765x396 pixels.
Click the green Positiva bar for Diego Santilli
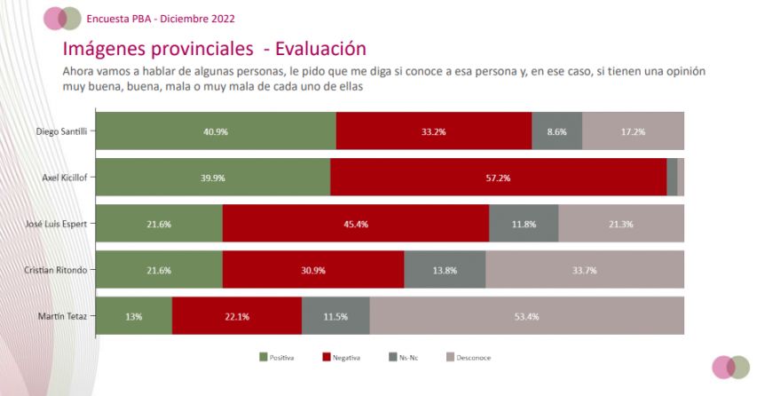(216, 131)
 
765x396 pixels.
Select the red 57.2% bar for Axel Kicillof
(499, 178)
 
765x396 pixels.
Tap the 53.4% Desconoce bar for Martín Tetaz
(527, 316)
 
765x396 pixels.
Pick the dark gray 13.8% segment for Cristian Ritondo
(445, 270)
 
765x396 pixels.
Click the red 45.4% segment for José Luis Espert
(356, 223)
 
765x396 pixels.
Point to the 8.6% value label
(556, 131)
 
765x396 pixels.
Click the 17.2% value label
(633, 131)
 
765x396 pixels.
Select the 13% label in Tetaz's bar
(134, 316)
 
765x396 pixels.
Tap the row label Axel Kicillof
(65, 178)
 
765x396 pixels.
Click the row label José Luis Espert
(56, 224)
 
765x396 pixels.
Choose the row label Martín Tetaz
(62, 316)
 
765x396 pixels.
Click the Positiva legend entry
(277, 358)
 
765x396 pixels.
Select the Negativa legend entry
(342, 358)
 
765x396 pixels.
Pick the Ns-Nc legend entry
(404, 358)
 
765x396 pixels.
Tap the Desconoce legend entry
(469, 358)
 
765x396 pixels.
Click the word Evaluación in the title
(320, 49)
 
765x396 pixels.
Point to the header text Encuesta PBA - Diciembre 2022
(161, 19)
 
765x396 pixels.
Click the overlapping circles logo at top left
(62, 19)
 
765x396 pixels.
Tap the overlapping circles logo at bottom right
(731, 368)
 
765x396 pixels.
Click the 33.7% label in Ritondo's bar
(584, 270)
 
